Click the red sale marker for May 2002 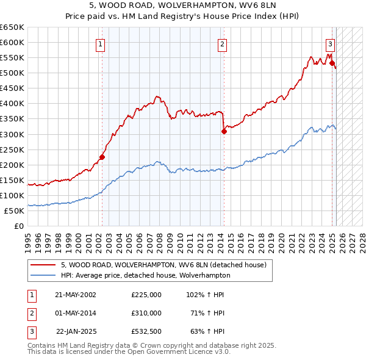(102, 157)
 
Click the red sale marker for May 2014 (224, 131)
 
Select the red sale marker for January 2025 (332, 62)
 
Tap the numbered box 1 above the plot (99, 43)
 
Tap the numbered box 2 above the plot (223, 43)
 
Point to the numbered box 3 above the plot (330, 43)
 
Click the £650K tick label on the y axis (12, 27)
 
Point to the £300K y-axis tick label (12, 134)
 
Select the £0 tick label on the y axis (19, 226)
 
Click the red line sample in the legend (44, 265)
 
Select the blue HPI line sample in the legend (44, 275)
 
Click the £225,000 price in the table (146, 295)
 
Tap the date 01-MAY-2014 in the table (76, 313)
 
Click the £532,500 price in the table (146, 331)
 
